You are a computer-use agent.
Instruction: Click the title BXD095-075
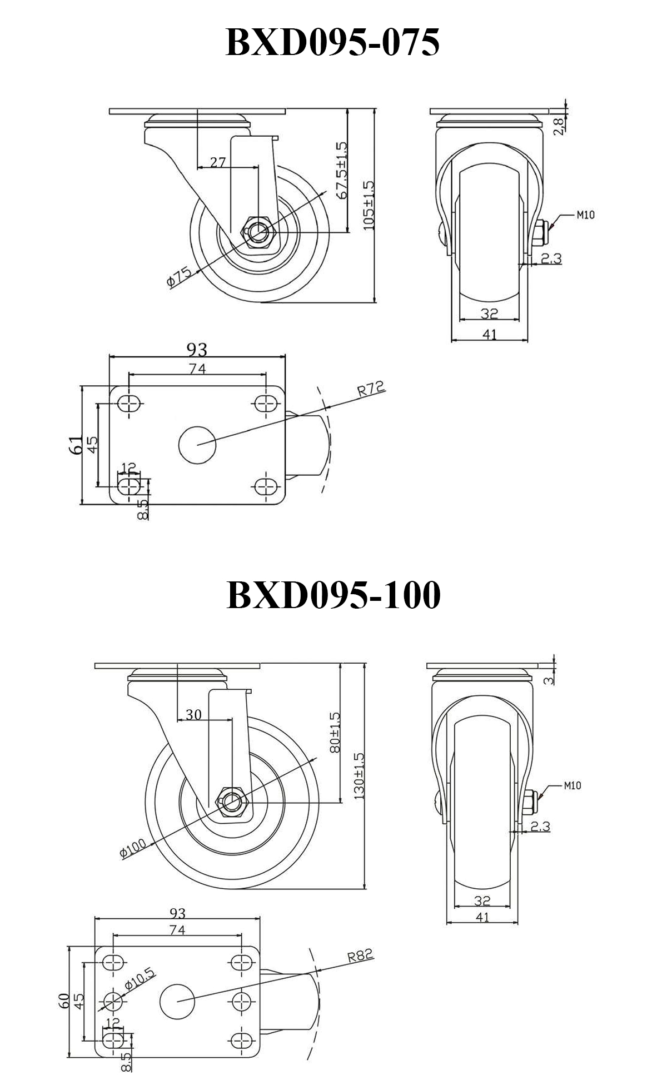pos(332,43)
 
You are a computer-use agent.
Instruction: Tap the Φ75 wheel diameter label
pos(179,277)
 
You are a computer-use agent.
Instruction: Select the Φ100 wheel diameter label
pos(133,849)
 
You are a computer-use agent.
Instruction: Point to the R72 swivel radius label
pos(371,389)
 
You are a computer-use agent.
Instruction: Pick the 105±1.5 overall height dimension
pos(369,205)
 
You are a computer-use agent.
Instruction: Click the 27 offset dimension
pos(218,162)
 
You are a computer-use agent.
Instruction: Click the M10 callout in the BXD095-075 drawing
pos(584,215)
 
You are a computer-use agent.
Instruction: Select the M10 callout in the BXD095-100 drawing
pos(572,786)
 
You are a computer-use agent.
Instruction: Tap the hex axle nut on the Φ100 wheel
pos(233,802)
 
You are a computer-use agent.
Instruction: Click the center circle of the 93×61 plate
pos(197,444)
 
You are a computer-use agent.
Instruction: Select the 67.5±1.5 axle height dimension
pos(341,170)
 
